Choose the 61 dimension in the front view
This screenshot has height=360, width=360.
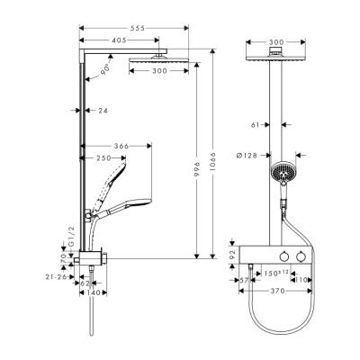pyautogui.click(x=256, y=126)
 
